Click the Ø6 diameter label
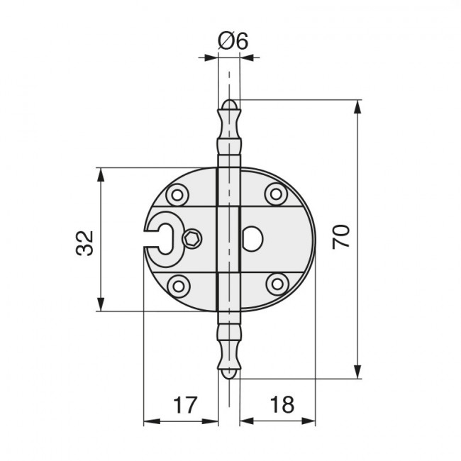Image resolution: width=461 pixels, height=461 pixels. pyautogui.click(x=233, y=41)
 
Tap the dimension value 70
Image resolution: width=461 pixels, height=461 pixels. pyautogui.click(x=341, y=237)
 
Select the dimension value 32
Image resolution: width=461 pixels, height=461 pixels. pyautogui.click(x=84, y=243)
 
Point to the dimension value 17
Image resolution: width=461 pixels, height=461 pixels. pyautogui.click(x=184, y=405)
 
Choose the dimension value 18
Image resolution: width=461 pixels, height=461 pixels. pyautogui.click(x=282, y=405)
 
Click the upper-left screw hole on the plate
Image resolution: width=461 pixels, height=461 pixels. pyautogui.click(x=177, y=194)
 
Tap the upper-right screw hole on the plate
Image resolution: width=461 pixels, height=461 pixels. pyautogui.click(x=276, y=194)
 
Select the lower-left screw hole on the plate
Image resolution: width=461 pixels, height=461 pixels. pyautogui.click(x=179, y=286)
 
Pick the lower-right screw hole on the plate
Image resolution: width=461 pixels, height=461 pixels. pyautogui.click(x=277, y=284)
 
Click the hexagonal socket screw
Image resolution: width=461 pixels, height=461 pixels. pyautogui.click(x=192, y=238)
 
